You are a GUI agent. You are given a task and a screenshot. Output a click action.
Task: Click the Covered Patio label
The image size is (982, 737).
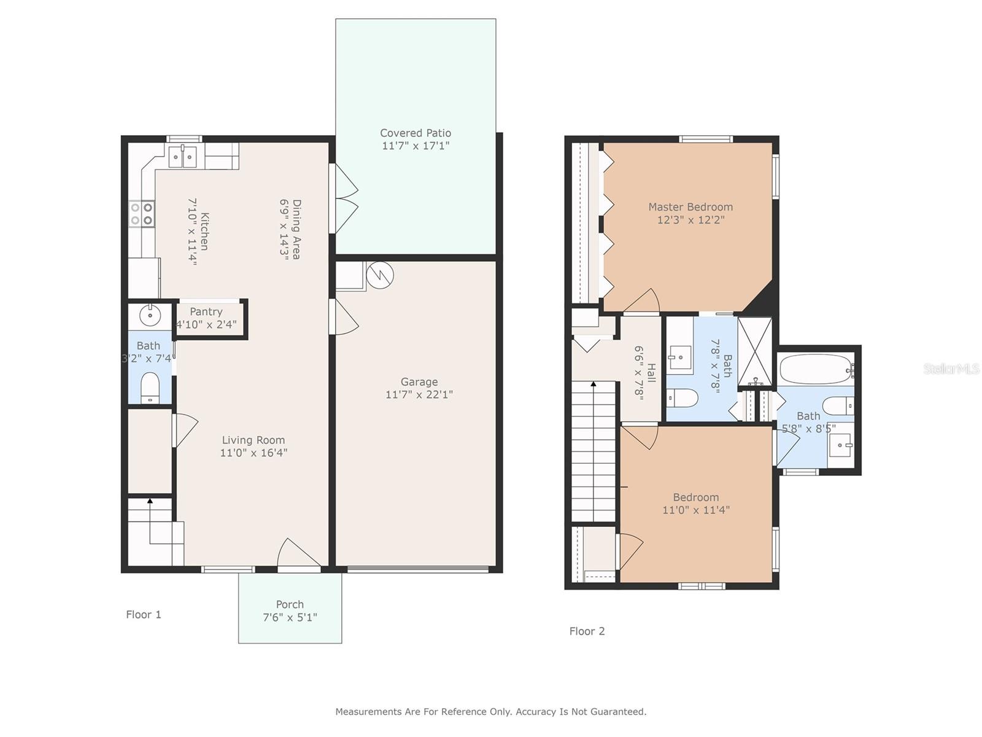pyautogui.click(x=415, y=133)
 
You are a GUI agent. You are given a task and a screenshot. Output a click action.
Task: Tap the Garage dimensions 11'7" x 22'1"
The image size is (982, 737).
pyautogui.click(x=419, y=394)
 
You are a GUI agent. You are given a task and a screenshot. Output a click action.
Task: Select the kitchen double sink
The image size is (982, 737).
pyautogui.click(x=183, y=157)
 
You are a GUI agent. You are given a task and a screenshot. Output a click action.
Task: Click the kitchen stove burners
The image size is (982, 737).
pyautogui.click(x=142, y=214)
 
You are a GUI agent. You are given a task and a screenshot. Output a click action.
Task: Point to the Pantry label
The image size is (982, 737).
pyautogui.click(x=206, y=311)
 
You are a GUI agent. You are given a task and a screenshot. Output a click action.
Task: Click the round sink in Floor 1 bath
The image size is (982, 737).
pyautogui.click(x=150, y=316)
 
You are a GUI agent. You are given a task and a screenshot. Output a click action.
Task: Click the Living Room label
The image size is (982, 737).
pyautogui.click(x=253, y=440)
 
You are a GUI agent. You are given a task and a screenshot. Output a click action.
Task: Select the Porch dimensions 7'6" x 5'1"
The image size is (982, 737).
pyautogui.click(x=290, y=617)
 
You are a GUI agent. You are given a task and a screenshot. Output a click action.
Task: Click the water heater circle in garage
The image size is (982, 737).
pyautogui.click(x=380, y=275)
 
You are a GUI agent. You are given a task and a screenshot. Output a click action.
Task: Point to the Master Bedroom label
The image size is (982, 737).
pyautogui.click(x=690, y=207)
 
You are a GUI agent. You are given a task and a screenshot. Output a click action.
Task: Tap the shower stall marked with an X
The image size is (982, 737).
pyautogui.click(x=755, y=351)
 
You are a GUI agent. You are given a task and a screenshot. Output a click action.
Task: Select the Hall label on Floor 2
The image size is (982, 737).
pyautogui.click(x=651, y=373)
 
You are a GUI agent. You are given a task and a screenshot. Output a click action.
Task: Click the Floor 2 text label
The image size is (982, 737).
pyautogui.click(x=587, y=631)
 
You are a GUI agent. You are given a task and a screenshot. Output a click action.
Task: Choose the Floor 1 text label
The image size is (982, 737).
pyautogui.click(x=143, y=614)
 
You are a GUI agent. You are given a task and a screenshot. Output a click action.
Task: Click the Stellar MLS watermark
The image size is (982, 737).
pyautogui.click(x=951, y=368)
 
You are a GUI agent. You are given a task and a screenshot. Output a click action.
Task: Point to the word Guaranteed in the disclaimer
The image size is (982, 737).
pyautogui.click(x=618, y=711)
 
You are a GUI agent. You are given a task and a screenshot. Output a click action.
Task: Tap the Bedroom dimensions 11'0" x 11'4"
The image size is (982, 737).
pyautogui.click(x=695, y=510)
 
